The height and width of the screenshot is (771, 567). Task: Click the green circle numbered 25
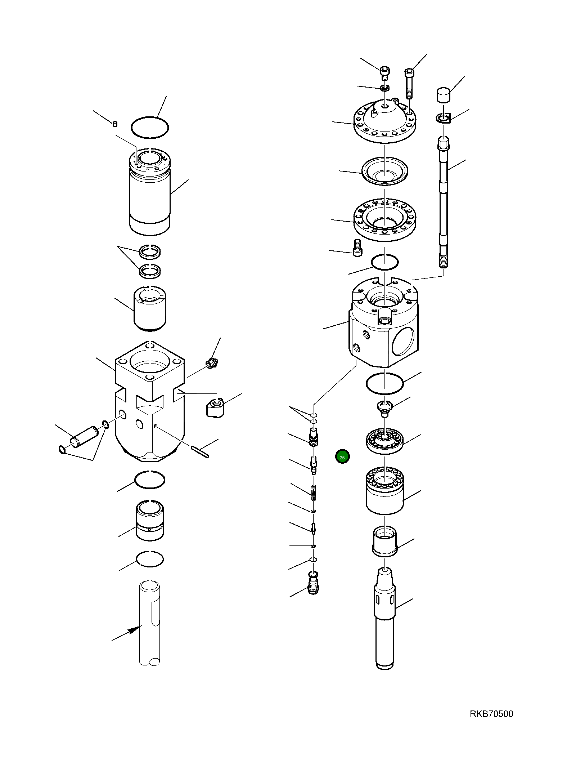[342, 457]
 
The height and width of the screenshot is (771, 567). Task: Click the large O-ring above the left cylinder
[149, 127]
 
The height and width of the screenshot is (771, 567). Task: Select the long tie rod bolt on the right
[444, 202]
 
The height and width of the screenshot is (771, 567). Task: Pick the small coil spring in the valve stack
[314, 492]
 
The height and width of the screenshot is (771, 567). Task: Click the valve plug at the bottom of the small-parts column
[314, 581]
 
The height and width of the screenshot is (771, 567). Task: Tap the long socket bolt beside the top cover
[410, 84]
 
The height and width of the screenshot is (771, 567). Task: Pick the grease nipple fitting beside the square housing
[212, 364]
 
